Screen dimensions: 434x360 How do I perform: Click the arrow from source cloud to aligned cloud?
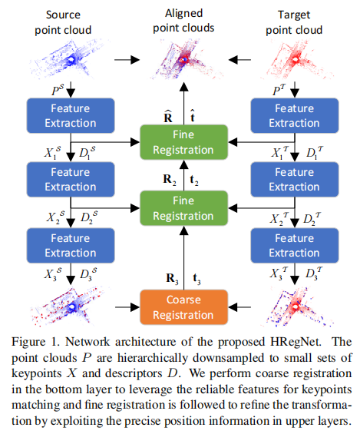tap(124, 59)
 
